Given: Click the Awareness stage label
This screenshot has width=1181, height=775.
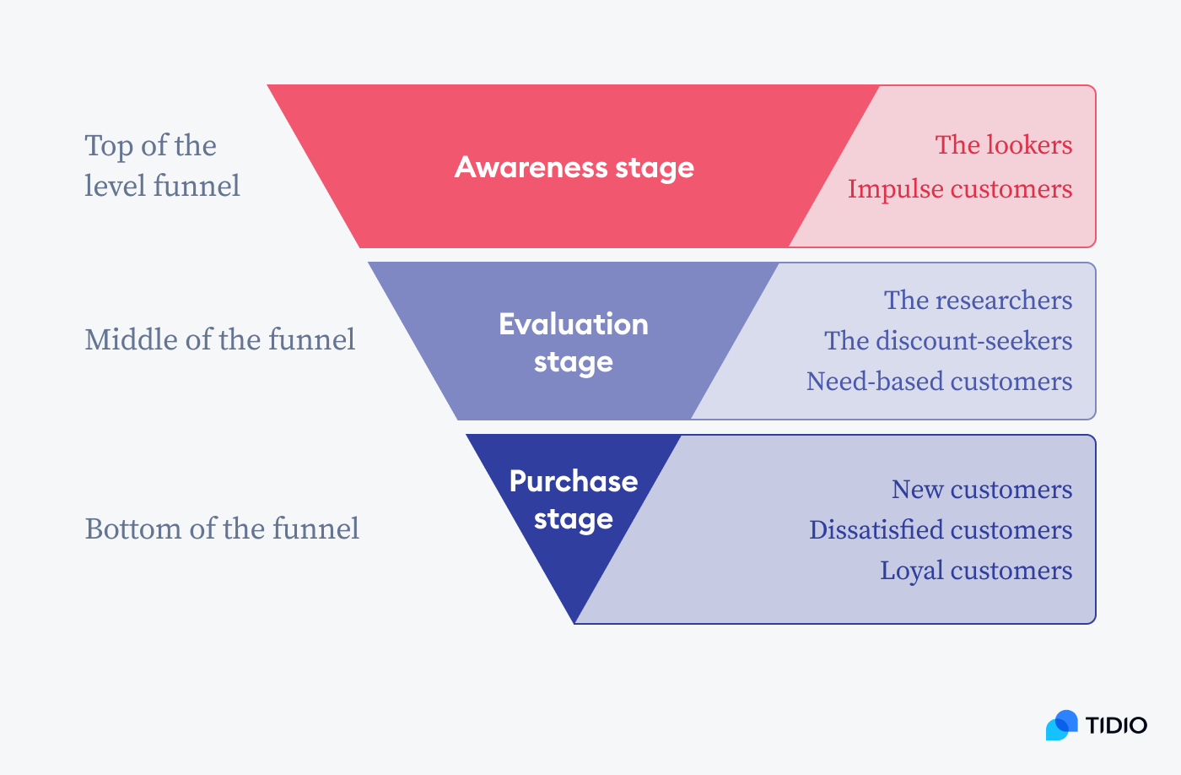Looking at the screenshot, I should (574, 167).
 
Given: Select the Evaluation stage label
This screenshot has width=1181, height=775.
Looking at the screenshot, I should (574, 343).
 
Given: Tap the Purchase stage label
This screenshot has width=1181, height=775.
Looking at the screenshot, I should (574, 499).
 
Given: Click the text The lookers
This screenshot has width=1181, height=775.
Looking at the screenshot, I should (1003, 145).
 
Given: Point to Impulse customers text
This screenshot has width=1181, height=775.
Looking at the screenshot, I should (959, 189).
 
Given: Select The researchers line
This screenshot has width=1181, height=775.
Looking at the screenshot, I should (978, 301).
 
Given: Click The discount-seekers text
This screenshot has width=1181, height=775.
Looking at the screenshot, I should (948, 341).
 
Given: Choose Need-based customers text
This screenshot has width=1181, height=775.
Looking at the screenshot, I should (939, 382).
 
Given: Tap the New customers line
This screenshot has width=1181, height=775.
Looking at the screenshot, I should (982, 490).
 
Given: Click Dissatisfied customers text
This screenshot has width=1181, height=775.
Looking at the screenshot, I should (941, 530).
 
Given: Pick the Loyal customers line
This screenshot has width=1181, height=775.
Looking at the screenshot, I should (976, 571).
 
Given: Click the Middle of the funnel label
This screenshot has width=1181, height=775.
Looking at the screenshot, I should (220, 339).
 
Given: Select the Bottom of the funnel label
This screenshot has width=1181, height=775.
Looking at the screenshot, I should (222, 528).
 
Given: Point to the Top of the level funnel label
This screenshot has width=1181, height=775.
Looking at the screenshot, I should (162, 165).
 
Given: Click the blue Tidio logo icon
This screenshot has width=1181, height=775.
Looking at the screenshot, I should (1062, 725).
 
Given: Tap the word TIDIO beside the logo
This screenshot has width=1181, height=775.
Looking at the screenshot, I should (1116, 725).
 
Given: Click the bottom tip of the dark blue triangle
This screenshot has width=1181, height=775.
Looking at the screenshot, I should (574, 621).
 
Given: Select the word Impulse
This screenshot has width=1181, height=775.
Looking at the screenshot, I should (895, 189).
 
